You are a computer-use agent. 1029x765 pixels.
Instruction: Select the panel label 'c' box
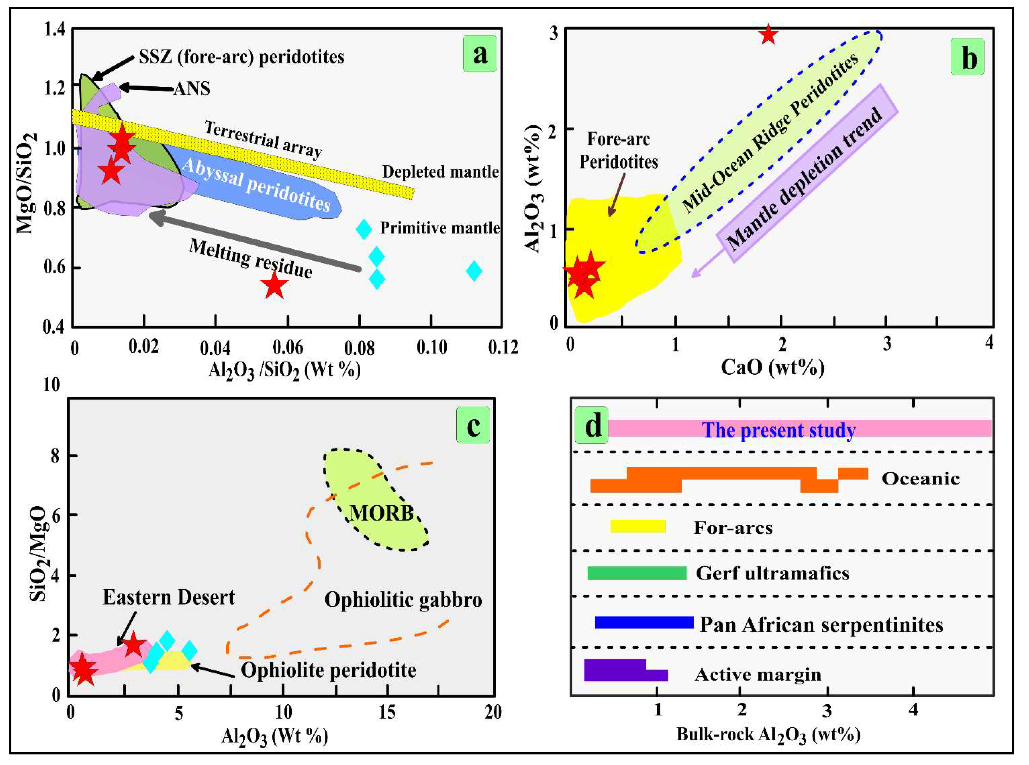click(x=473, y=425)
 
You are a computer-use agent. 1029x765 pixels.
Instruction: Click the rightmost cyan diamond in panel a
click(x=474, y=271)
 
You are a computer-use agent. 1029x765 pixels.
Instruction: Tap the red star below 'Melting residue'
click(x=274, y=286)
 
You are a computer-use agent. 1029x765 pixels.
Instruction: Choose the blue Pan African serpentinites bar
click(x=644, y=622)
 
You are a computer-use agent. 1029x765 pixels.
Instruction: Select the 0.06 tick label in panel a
click(x=287, y=347)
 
